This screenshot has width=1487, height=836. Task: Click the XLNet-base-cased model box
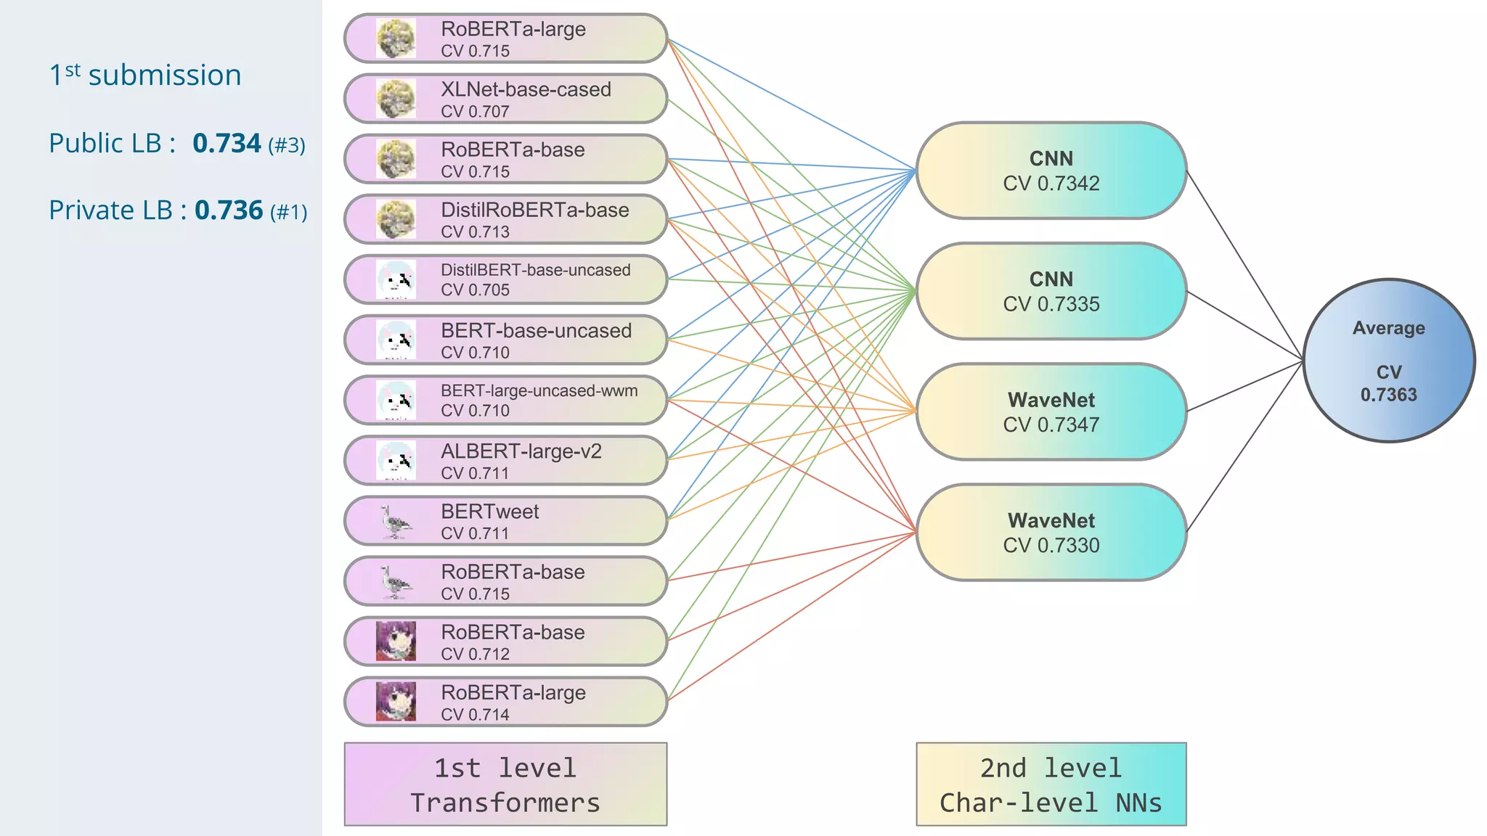505,99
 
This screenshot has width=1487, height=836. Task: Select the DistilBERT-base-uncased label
536,270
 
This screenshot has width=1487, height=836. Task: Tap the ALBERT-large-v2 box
505,460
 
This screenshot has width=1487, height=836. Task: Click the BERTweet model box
505,520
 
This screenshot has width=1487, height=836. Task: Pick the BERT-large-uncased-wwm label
539,390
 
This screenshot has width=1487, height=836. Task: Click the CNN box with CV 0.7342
1051,171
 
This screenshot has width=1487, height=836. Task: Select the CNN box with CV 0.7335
1051,291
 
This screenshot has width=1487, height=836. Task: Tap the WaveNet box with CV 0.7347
1051,411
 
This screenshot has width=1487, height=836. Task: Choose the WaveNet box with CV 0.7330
1051,532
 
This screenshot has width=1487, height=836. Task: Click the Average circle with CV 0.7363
1388,361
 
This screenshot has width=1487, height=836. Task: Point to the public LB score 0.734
227,144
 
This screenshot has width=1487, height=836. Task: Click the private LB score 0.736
229,210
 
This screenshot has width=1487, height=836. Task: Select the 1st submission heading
145,75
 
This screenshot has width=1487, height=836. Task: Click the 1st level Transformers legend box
505,784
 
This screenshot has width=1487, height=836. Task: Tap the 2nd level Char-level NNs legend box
1051,784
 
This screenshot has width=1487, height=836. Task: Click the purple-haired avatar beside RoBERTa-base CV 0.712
396,641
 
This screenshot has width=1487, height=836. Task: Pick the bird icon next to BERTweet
396,521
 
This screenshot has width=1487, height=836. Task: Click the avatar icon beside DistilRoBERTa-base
396,219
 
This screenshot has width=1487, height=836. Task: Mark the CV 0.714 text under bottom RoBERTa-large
475,715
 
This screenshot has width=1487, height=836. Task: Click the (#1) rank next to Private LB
288,212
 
